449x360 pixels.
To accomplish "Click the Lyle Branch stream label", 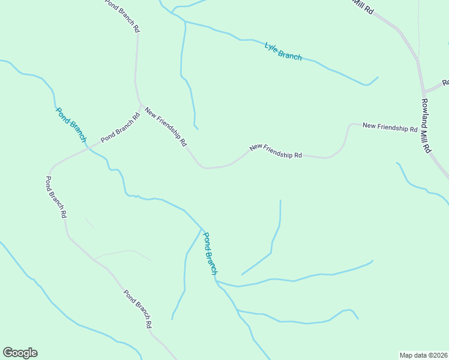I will [283, 51].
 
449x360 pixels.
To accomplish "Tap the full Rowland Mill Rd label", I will [426, 125].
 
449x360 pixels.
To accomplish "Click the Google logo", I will [20, 353].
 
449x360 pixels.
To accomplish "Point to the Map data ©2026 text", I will [423, 355].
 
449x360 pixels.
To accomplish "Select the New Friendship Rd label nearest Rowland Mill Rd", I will [390, 127].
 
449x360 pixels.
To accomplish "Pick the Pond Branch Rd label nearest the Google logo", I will [137, 309].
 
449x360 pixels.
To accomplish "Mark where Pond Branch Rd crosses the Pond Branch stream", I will [89, 147].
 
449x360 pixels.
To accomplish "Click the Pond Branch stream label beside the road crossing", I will [71, 124].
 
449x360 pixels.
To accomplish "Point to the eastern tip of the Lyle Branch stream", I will [378, 77].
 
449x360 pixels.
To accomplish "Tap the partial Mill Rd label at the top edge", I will [363, 6].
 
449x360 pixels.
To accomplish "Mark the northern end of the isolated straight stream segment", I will [280, 200].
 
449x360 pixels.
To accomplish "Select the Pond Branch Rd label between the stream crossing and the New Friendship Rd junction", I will [120, 128].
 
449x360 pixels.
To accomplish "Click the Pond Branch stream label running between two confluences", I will [209, 253].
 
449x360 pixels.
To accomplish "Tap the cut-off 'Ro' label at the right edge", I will [445, 83].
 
